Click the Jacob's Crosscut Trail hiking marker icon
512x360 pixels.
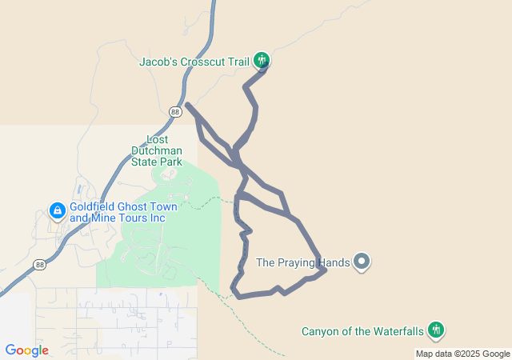[261, 60]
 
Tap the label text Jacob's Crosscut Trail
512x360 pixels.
[194, 61]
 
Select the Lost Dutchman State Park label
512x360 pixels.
[156, 150]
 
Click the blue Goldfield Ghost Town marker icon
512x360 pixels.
[57, 211]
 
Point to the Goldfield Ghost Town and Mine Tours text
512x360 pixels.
[123, 212]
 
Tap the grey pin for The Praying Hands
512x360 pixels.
[362, 261]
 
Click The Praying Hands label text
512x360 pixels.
[303, 262]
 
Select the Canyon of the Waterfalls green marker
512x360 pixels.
[436, 329]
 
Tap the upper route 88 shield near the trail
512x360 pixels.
[176, 112]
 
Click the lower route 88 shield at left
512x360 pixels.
[39, 264]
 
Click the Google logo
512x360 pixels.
[26, 350]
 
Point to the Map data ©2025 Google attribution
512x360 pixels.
[462, 354]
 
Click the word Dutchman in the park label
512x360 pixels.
[156, 150]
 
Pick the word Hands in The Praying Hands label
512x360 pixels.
[332, 262]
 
